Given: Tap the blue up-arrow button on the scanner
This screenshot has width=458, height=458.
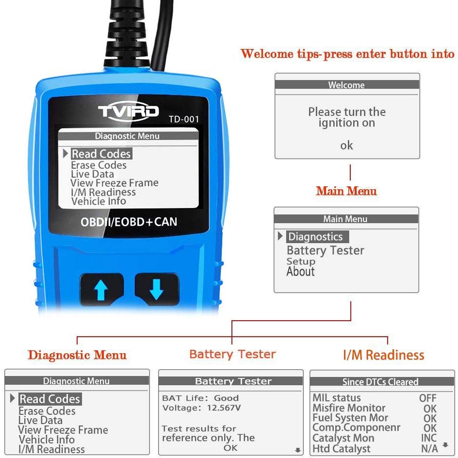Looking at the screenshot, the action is tap(101, 289).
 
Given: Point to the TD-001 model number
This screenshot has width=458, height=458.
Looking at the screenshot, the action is tap(184, 119).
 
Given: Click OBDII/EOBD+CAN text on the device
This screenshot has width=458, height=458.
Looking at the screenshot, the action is tap(129, 222).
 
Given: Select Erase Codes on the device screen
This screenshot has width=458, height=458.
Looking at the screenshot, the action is tap(98, 165).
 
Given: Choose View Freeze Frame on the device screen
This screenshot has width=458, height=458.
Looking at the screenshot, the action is tap(114, 183).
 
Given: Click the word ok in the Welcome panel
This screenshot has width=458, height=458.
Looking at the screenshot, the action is tap(346, 145).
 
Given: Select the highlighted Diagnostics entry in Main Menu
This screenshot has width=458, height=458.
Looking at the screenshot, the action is tap(315, 237).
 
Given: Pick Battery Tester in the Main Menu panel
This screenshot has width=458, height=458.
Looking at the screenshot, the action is tap(326, 250).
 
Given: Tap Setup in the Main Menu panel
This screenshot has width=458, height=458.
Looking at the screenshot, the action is tap(301, 261).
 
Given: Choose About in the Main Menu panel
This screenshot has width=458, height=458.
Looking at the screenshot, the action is tap(301, 271).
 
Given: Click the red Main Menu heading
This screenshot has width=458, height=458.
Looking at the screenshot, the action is tap(346, 191).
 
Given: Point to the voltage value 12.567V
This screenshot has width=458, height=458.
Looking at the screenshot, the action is tap(224, 408).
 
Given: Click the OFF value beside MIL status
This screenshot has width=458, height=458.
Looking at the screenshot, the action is tap(427, 398).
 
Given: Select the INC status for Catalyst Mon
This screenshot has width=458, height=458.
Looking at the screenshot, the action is tap(429, 438).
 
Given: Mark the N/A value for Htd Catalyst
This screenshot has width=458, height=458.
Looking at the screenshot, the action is tap(429, 448).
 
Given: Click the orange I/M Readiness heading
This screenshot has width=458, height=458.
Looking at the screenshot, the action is tap(383, 355).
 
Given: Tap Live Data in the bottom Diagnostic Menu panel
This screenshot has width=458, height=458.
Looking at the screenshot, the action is tap(40, 420).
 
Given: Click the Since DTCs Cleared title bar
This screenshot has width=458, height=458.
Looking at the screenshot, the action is tap(382, 381).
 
